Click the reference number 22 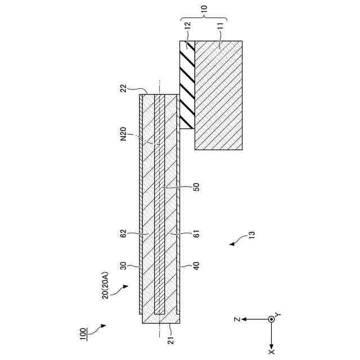(123, 88)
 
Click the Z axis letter (238, 318)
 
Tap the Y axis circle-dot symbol (271, 319)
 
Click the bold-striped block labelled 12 (187, 84)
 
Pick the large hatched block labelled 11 (219, 96)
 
